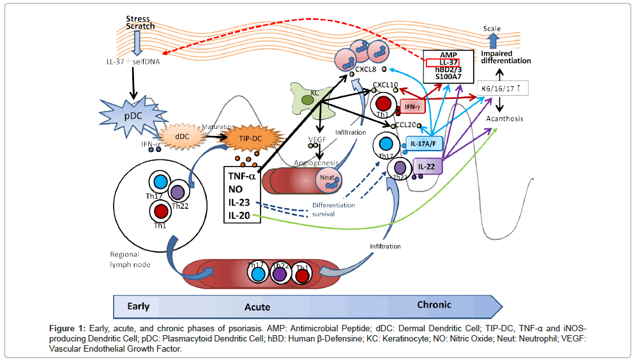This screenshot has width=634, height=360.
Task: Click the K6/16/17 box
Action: (x=504, y=88)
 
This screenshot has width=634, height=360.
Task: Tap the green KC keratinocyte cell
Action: (x=307, y=100)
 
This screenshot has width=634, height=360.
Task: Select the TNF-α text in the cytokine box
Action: (x=241, y=176)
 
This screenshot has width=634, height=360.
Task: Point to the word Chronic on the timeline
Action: (x=434, y=304)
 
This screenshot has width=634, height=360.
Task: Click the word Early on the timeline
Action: (x=139, y=306)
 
